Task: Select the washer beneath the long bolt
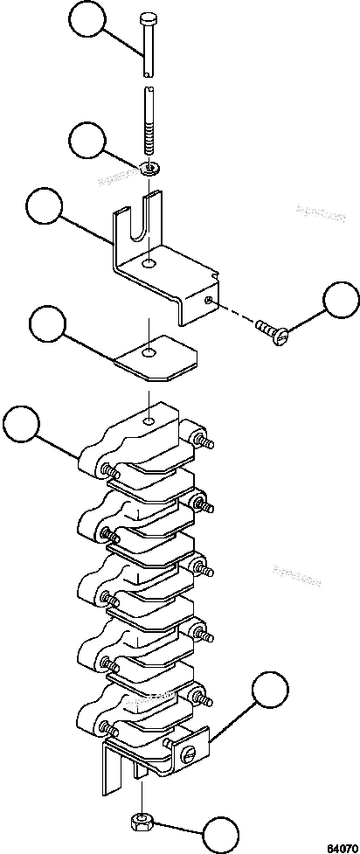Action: coord(152,166)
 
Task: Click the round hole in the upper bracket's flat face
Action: coord(151,262)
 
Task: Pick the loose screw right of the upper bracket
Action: coord(271,330)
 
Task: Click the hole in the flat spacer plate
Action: coord(151,353)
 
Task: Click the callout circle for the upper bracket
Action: coord(45,207)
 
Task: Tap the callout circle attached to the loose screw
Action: coord(340,300)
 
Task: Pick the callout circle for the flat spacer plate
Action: coord(49,324)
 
